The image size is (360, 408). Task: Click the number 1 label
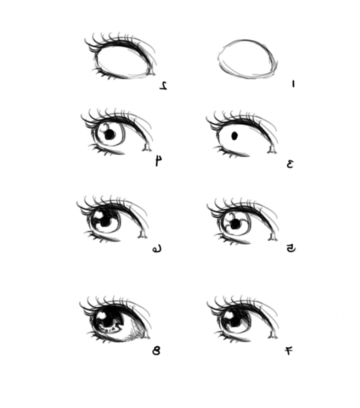click(x=293, y=84)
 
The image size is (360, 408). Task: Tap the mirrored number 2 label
click(x=163, y=85)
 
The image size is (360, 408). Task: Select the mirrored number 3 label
click(x=290, y=163)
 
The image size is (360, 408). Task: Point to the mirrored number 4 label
click(x=159, y=161)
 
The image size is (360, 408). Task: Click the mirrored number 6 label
click(x=156, y=249)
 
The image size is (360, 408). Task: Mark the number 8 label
click(x=156, y=351)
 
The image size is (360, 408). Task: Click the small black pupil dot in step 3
click(x=234, y=136)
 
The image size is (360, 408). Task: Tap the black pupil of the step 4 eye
click(x=109, y=135)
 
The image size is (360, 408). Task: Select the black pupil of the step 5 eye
click(x=236, y=224)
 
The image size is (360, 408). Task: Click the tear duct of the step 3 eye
click(x=273, y=150)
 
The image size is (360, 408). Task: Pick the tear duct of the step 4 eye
click(x=146, y=149)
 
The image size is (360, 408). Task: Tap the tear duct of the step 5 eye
click(x=273, y=238)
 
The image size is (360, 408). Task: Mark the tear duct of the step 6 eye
click(x=142, y=235)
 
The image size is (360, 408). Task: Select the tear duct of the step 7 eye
click(x=274, y=337)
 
